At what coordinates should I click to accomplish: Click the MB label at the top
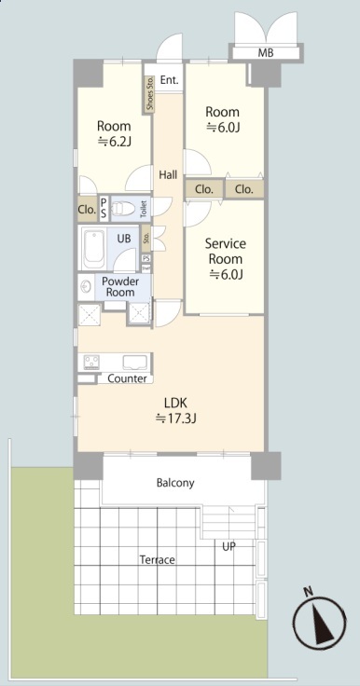[266, 53]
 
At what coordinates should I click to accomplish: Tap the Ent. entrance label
[169, 80]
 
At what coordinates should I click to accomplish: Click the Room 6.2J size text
[115, 141]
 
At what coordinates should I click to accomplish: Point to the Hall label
[168, 175]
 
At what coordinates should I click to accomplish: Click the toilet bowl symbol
[123, 208]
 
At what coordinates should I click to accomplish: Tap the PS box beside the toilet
[104, 209]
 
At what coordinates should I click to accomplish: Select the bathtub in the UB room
[93, 249]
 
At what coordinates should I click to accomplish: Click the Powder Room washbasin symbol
[85, 287]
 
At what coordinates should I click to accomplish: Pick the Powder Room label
[120, 286]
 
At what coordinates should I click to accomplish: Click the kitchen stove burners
[92, 362]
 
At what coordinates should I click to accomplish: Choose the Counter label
[127, 378]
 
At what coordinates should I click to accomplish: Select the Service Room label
[226, 251]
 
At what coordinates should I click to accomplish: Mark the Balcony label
[175, 483]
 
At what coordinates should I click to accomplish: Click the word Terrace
[158, 559]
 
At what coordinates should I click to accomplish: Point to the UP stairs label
[229, 546]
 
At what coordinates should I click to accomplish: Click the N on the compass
[309, 593]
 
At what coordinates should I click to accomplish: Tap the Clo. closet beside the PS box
[88, 209]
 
